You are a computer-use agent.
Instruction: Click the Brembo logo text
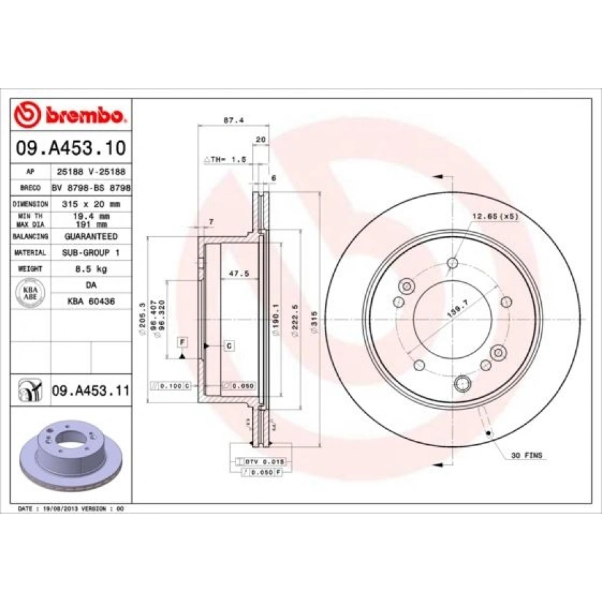point(83,115)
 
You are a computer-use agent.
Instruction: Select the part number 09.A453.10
point(70,148)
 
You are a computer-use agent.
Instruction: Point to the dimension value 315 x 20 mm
point(91,203)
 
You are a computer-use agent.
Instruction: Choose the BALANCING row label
point(31,237)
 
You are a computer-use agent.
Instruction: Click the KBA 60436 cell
point(91,302)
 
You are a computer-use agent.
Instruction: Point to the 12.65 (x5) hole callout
point(496,216)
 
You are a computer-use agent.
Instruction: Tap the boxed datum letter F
point(181,342)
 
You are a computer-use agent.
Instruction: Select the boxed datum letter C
point(229,345)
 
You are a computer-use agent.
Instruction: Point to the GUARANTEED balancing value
point(91,237)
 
